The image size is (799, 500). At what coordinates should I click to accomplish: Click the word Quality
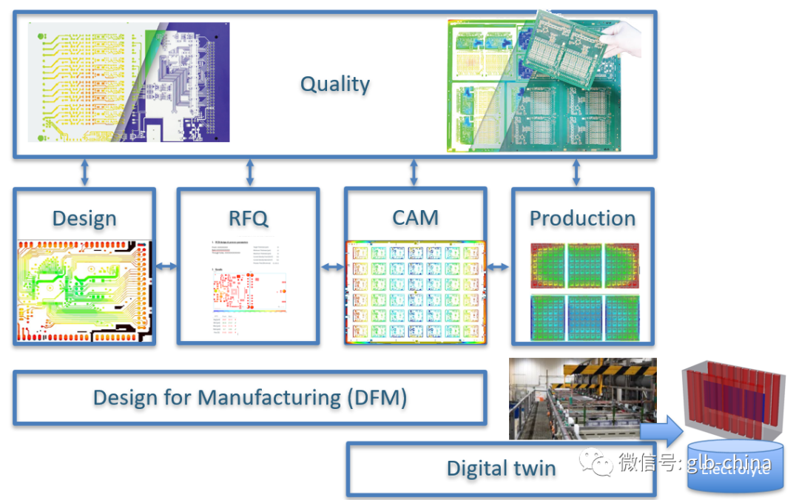click(334, 84)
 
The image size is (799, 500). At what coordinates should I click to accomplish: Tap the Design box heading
click(84, 218)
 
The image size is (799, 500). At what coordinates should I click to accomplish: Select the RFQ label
click(249, 218)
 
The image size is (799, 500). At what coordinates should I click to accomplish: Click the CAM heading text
click(415, 217)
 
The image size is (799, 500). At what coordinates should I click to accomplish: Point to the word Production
click(582, 218)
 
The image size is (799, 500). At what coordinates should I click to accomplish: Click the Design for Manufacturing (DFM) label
click(250, 398)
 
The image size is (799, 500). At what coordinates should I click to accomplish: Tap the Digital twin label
click(501, 468)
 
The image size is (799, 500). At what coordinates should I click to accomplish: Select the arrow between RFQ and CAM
click(332, 266)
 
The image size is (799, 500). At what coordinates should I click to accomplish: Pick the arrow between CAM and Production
click(499, 266)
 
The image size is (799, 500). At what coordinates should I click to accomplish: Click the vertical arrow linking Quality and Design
click(84, 172)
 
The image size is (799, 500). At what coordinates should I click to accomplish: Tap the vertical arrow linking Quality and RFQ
click(249, 172)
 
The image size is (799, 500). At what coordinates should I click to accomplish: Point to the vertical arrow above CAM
click(414, 172)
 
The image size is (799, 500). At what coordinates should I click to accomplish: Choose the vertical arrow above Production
click(576, 172)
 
